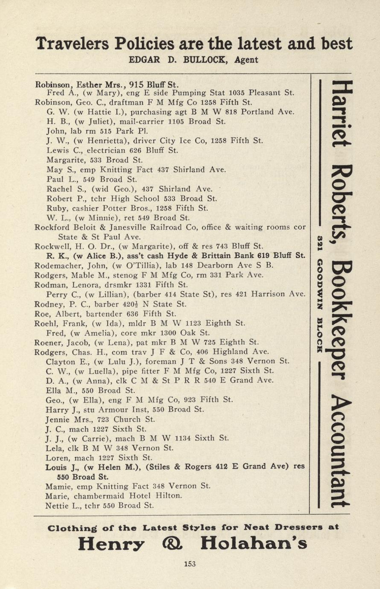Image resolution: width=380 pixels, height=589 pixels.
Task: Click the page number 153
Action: (190, 564)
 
